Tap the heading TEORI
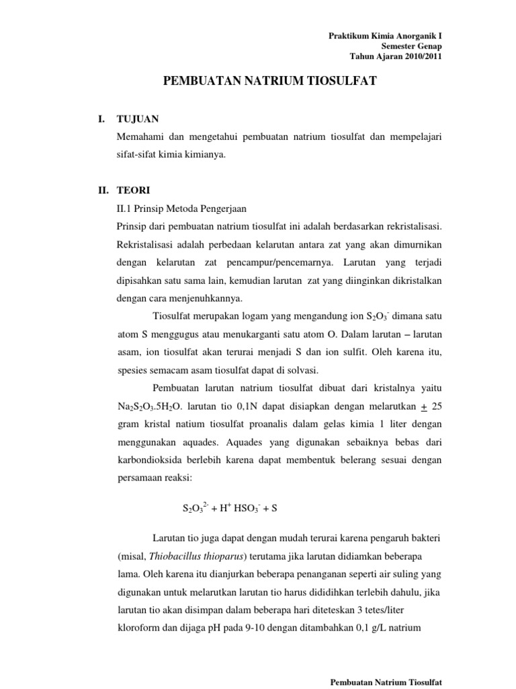click(134, 190)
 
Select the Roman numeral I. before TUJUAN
click(101, 120)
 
